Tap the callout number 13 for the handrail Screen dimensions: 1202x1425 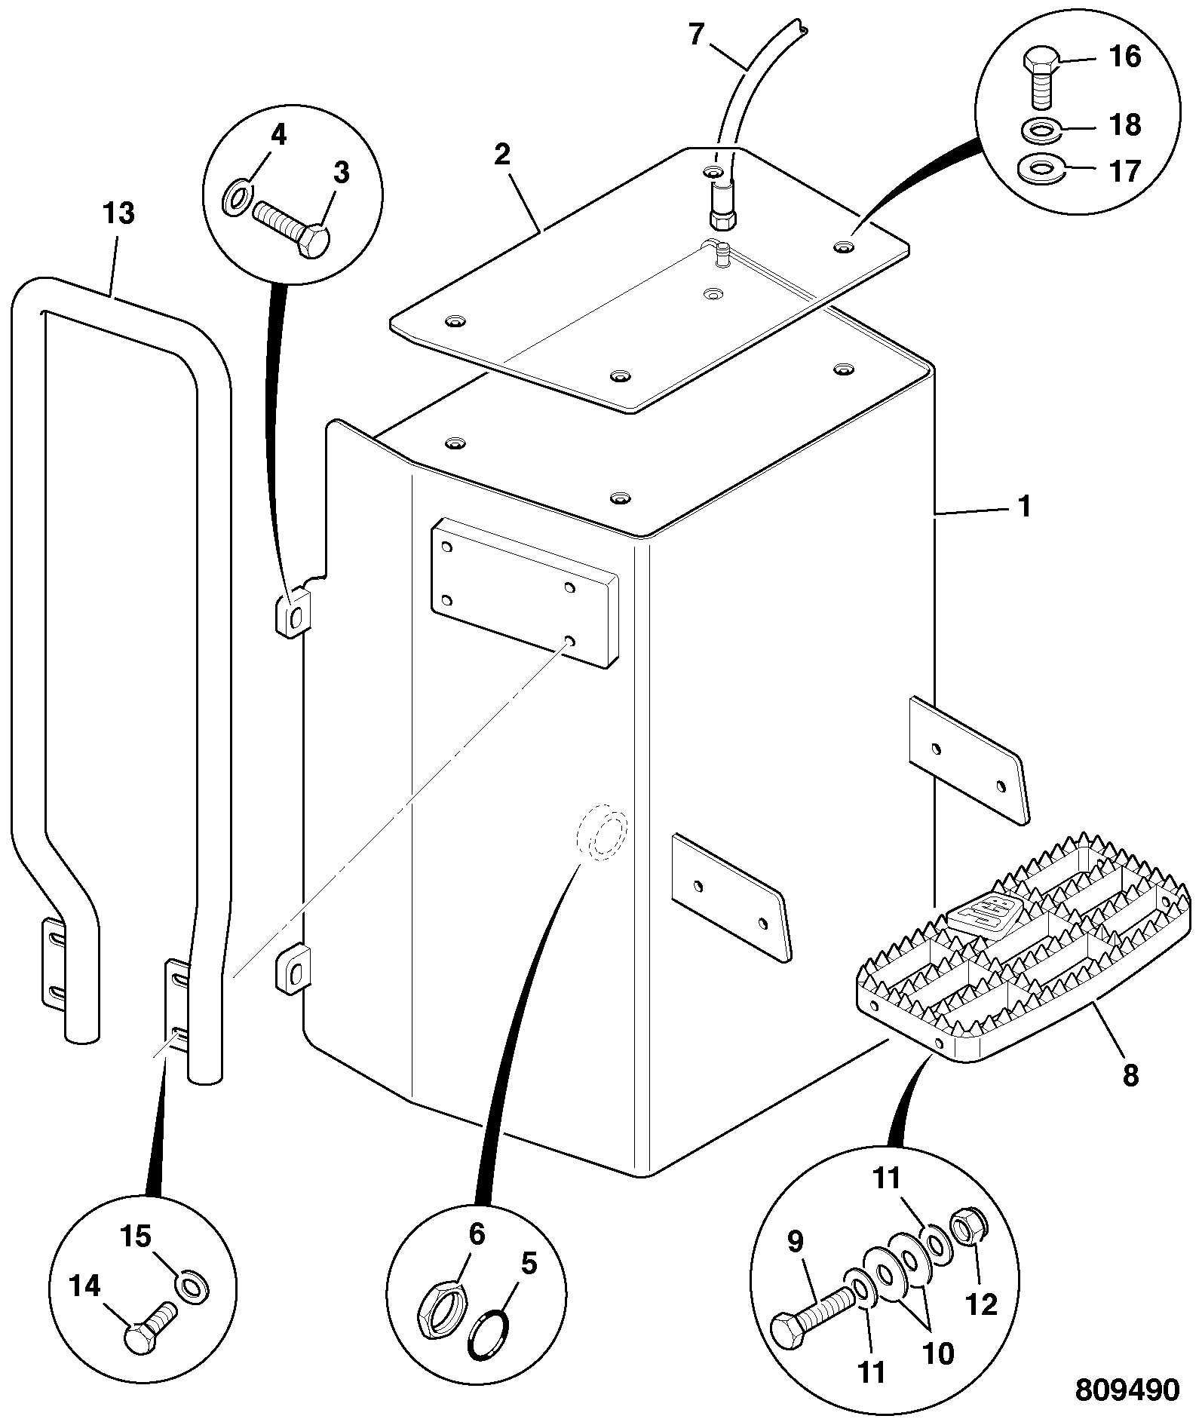118,213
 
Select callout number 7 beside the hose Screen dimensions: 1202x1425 696,35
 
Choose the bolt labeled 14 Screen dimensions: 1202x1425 151,1331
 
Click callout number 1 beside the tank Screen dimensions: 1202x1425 1024,507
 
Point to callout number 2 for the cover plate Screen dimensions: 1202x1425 502,155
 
